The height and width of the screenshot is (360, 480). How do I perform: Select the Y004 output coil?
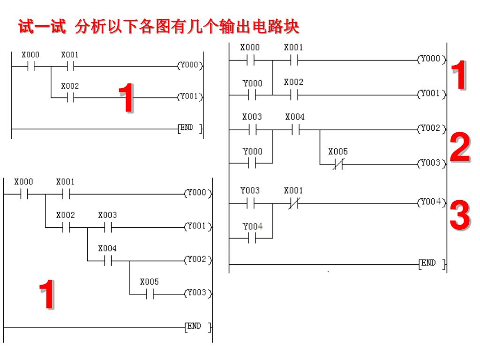tap(431, 202)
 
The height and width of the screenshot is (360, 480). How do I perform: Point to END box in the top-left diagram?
tap(190, 128)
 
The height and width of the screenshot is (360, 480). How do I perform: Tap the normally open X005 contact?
tap(150, 294)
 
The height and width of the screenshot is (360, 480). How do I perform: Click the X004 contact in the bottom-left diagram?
tap(108, 260)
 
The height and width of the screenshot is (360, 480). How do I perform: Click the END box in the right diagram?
tap(431, 264)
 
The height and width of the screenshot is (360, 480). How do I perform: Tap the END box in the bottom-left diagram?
tap(197, 327)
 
